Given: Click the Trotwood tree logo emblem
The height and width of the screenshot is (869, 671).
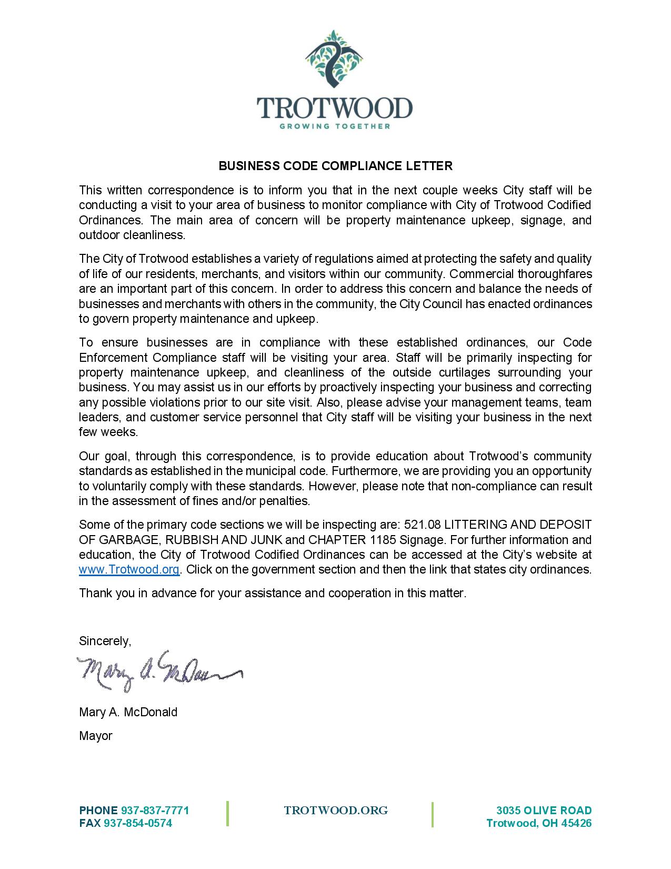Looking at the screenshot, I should point(335,59).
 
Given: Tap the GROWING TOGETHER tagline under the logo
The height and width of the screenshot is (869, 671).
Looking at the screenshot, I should point(335,126).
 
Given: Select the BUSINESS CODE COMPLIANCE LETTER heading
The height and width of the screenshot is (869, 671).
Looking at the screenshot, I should point(335,166).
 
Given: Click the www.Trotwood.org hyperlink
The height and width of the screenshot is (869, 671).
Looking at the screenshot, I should point(129,569).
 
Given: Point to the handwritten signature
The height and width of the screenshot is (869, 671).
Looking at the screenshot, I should point(158,670).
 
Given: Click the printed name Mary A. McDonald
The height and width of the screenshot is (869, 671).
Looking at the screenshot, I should point(128,712).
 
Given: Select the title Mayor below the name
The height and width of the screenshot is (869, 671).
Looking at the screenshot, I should point(95,736).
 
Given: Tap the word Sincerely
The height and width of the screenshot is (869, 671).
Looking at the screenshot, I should point(104,641).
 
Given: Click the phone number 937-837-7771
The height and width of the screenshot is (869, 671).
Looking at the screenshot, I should point(155,810).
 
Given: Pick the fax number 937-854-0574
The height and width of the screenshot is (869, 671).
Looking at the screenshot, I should point(138,823).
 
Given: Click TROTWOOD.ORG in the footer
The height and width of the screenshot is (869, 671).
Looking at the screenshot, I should point(336,811).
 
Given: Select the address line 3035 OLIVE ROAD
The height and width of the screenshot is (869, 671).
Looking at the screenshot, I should point(544,810).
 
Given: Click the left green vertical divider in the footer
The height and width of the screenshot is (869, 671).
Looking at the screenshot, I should point(228,814).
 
